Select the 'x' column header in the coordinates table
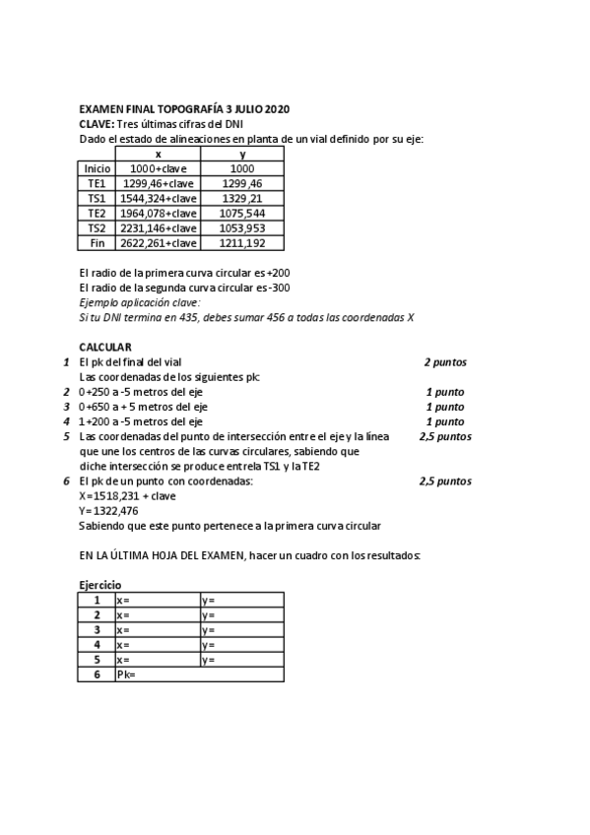158,154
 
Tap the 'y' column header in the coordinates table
242,154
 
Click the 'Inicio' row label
98,168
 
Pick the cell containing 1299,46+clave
158,183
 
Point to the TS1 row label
98,198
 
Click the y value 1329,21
242,198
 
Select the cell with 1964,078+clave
158,213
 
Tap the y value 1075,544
242,213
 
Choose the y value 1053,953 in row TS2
242,227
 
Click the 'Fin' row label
98,242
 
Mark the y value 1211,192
242,242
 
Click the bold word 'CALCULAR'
105,347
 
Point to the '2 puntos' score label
445,362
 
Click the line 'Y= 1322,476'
109,511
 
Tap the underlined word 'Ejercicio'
102,585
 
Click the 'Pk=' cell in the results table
125,674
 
